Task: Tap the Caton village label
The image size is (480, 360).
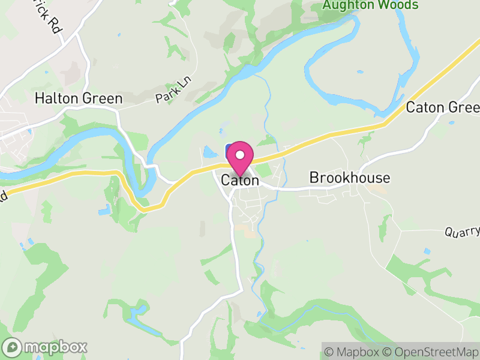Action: (240, 180)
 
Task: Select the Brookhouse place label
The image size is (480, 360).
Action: (350, 178)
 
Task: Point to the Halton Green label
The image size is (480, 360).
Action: (79, 98)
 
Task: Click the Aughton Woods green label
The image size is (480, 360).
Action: (370, 5)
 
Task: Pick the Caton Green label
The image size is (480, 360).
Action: (443, 107)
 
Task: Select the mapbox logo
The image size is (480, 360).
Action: (46, 347)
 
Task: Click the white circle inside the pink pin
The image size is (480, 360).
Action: (240, 155)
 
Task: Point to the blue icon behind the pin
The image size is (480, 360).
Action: (229, 150)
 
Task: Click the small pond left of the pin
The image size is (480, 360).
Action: (210, 152)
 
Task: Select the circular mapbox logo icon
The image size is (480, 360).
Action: (12, 347)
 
